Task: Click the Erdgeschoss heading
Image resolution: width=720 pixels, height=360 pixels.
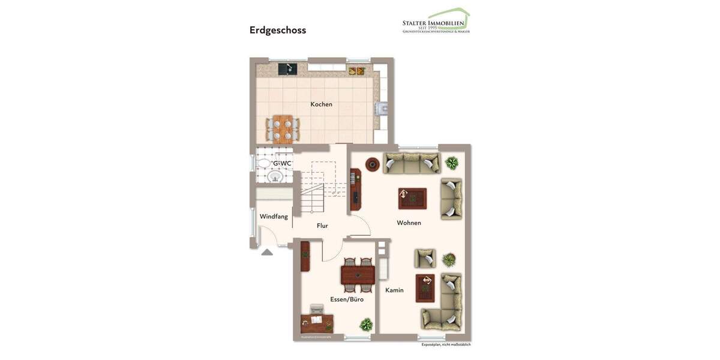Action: pos(278,30)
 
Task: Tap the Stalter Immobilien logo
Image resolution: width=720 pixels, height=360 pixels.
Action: pos(436,22)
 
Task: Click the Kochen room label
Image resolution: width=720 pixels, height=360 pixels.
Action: pos(321,104)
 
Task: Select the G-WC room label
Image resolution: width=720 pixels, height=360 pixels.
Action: pos(282,163)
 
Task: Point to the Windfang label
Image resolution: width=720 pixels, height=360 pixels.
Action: pos(274,217)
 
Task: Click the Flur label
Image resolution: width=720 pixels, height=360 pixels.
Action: pos(322,226)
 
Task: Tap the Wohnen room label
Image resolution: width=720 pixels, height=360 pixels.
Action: pos(409,223)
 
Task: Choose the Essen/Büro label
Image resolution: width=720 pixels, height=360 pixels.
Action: pos(347,299)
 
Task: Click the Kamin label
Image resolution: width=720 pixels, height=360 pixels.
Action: pos(394,290)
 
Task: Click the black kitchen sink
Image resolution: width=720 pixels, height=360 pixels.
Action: pos(287,69)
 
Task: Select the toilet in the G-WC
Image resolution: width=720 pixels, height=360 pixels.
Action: pos(264,163)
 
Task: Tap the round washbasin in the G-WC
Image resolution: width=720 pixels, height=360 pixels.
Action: pos(275,177)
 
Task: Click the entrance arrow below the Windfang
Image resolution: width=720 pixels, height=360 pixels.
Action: pos(267,252)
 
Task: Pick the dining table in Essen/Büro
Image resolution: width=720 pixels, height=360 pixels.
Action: pos(358,275)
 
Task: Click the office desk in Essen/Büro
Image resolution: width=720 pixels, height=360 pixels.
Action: pos(316,323)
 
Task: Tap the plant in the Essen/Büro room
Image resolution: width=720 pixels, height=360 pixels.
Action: pos(365,325)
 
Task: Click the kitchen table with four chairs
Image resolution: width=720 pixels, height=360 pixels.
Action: pos(283,128)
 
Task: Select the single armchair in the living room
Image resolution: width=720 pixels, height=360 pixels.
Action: pos(425,258)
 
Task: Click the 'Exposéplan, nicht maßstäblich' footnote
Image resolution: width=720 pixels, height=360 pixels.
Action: pos(446,344)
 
